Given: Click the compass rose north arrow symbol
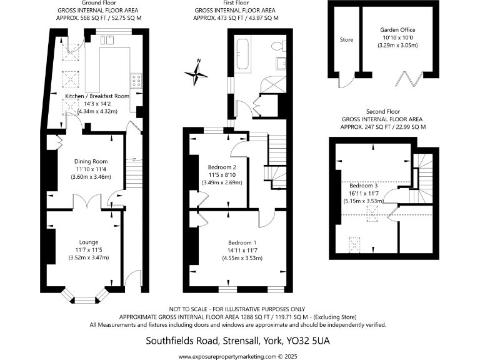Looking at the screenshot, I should pos(198,73).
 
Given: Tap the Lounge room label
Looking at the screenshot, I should pos(89,242).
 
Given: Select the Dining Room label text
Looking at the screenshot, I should pos(87,161).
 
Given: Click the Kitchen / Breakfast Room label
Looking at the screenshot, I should pos(97,96).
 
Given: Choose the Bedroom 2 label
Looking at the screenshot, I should pos(221,167).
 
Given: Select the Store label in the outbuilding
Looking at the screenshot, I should pos(346,40).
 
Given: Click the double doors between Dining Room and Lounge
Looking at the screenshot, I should pos(82,202).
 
